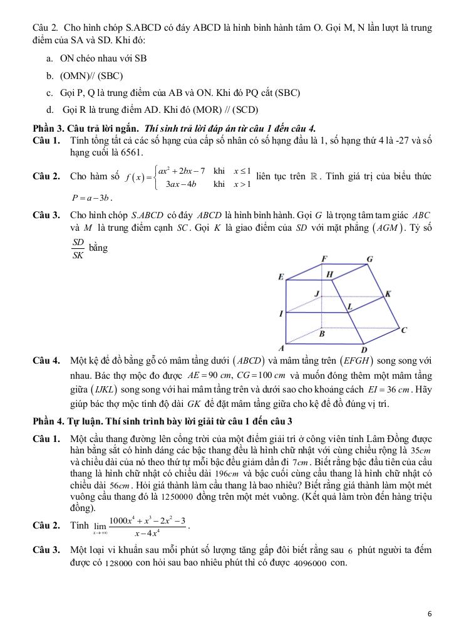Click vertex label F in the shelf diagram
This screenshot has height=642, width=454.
tap(324, 259)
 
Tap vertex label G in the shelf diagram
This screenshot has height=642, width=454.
tap(369, 259)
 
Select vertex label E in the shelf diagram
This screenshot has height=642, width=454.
tap(281, 277)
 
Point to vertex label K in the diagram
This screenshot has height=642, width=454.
tap(388, 293)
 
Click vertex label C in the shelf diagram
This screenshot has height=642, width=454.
tap(404, 330)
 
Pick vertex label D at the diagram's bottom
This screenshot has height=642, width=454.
tap(364, 350)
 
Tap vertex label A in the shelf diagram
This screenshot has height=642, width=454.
tap(281, 348)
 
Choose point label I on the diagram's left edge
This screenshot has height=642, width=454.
tap(281, 313)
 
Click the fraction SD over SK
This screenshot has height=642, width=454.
tap(78, 248)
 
